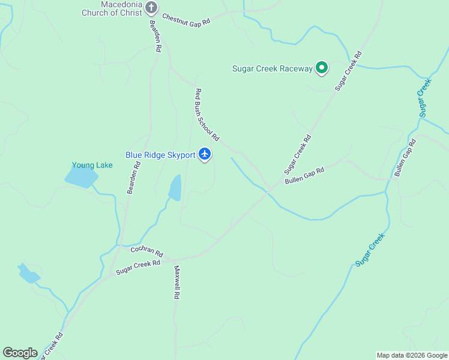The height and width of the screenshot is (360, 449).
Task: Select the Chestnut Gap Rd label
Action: click(186, 20)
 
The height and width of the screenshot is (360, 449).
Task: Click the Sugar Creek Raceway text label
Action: click(273, 68)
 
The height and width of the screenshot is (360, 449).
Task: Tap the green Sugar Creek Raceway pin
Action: click(322, 68)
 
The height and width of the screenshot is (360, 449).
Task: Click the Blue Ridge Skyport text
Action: click(160, 155)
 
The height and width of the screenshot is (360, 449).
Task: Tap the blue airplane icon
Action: click(205, 154)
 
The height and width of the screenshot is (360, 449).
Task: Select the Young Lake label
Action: click(88, 165)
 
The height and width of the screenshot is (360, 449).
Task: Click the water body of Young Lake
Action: click(81, 176)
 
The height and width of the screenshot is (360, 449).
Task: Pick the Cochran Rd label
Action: click(146, 251)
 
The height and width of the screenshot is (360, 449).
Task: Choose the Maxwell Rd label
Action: click(177, 283)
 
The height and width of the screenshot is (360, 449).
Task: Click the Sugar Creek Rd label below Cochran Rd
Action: click(138, 267)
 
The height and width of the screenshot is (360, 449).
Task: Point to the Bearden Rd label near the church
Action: click(155, 37)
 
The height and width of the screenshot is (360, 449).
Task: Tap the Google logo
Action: click(20, 353)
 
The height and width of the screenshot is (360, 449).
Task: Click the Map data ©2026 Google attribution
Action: click(412, 355)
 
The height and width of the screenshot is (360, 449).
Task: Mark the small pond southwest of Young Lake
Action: click(28, 274)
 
